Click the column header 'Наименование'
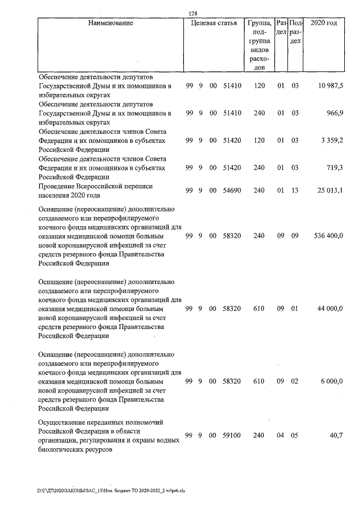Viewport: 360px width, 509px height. [x=110, y=23]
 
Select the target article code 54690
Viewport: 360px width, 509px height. [x=232, y=191]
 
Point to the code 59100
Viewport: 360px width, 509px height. [x=232, y=435]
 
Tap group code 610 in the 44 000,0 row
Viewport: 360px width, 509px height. [x=259, y=309]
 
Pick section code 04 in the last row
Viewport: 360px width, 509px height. [x=280, y=435]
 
